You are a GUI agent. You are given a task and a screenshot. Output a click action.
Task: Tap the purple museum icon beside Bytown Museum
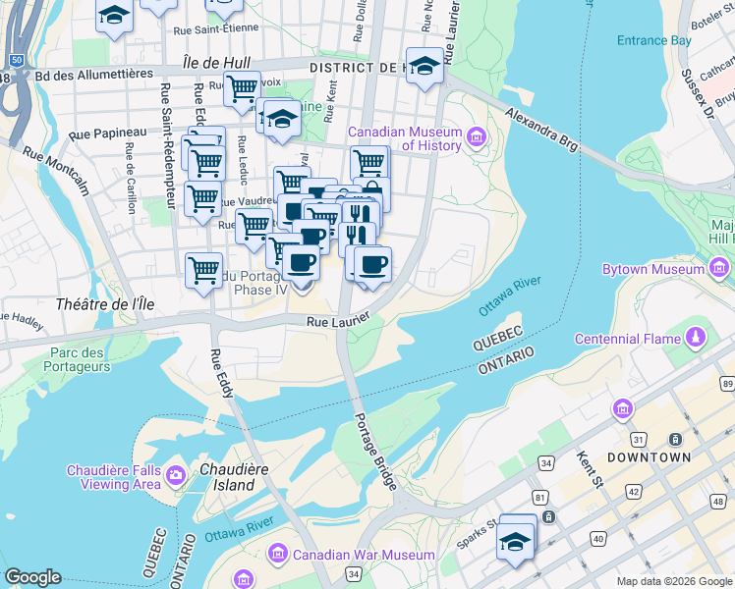[x=719, y=267]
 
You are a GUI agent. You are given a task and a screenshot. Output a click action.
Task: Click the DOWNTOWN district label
[x=649, y=458]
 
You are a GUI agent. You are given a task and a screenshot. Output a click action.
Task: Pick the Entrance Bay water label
[x=653, y=40]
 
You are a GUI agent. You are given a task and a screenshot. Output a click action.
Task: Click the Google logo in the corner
[x=32, y=577]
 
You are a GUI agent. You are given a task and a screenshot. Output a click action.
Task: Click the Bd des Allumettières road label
[x=93, y=74]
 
